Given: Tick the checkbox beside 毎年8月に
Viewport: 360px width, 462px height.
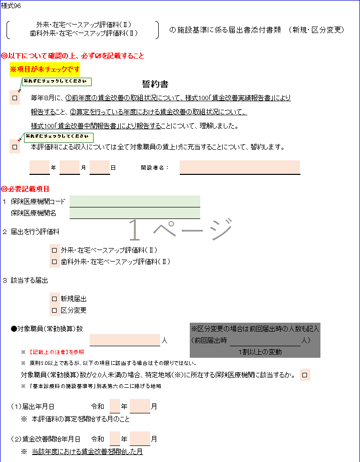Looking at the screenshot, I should [15, 98].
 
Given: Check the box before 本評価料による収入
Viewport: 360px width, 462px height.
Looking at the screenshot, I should [15, 147].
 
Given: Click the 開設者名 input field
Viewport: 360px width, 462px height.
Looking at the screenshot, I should [239, 167].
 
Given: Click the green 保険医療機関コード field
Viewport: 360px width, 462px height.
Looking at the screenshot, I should [135, 201].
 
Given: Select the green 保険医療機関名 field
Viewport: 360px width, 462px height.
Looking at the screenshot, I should [135, 213].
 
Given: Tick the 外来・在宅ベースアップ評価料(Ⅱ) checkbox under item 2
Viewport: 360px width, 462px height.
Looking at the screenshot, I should [55, 250].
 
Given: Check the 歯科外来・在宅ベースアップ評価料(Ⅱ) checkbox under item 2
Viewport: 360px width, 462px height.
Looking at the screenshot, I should [55, 262].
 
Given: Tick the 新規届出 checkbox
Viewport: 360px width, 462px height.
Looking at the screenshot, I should [55, 299].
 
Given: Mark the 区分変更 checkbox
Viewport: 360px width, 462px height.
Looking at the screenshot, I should [55, 310].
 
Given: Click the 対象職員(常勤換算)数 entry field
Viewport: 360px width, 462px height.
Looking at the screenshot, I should [125, 340].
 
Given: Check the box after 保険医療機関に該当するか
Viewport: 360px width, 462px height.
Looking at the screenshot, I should [304, 375].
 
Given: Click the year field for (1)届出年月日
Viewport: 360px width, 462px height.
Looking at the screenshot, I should [115, 406].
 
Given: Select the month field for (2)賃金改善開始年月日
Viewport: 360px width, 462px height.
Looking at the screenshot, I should [140, 439].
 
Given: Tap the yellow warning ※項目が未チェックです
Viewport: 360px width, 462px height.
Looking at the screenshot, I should [45, 69].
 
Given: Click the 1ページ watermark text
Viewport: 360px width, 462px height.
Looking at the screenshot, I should [181, 229].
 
